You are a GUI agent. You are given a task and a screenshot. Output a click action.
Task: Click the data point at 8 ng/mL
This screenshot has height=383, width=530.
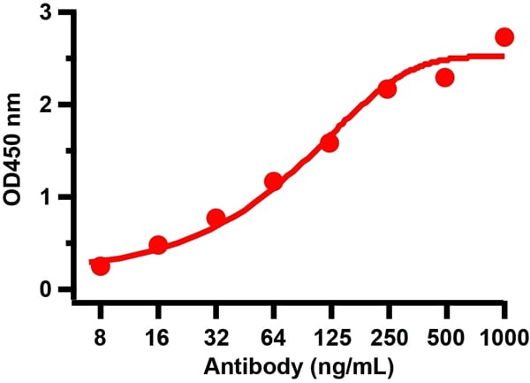coord(101,266)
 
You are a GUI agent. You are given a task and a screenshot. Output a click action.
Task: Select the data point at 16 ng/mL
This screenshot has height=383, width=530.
coord(158,245)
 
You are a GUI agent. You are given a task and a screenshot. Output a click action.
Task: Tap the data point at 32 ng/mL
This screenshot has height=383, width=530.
coord(216,218)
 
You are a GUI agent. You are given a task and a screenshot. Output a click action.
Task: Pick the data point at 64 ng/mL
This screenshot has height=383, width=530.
coord(273,181)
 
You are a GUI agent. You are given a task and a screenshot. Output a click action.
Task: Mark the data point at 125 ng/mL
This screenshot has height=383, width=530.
coord(329,142)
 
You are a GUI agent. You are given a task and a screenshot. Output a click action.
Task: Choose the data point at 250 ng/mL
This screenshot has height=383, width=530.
coord(387,89)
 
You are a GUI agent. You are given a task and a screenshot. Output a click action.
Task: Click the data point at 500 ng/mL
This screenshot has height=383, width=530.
coord(444,78)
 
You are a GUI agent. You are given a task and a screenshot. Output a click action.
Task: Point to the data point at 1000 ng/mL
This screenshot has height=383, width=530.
coord(504,36)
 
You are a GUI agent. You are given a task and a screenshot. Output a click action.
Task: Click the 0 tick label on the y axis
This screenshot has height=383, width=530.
coord(57,289)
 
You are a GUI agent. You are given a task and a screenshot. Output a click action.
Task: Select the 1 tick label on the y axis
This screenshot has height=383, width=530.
coord(57,197)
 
